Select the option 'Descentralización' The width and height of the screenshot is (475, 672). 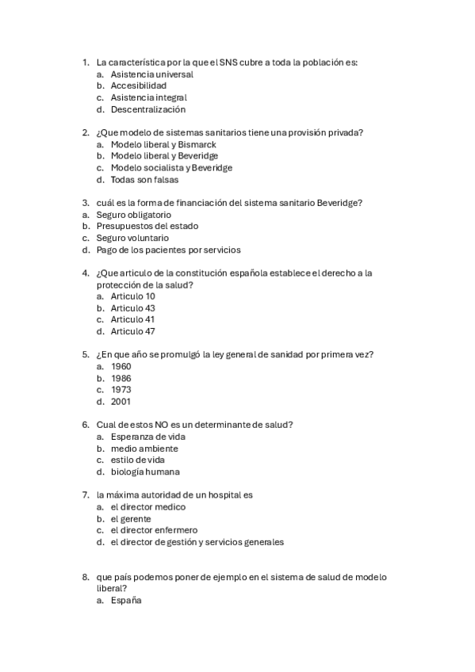tap(148, 109)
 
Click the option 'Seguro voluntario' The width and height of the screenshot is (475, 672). tap(132, 238)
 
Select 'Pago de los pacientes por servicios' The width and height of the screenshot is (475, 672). tap(168, 250)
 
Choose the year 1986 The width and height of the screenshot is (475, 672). tap(121, 378)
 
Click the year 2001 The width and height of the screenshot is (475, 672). tap(121, 401)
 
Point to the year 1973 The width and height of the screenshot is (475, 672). tap(121, 390)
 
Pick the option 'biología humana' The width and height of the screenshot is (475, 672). tap(145, 472)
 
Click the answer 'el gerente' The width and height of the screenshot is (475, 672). tap(131, 518)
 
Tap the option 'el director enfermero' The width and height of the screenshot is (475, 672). tap(154, 530)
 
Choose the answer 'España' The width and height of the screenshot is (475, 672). tap(126, 601)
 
